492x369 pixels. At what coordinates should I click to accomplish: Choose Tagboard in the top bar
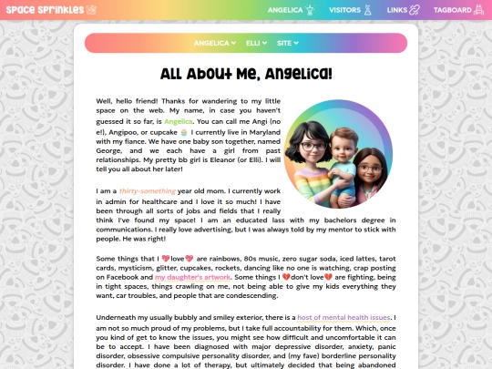click(452, 10)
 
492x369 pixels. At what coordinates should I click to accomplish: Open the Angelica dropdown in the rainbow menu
click(214, 43)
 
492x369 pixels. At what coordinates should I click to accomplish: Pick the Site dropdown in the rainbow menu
click(287, 43)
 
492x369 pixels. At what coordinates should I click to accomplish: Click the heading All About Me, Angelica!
click(246, 75)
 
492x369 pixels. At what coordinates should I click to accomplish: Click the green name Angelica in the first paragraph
click(179, 121)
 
